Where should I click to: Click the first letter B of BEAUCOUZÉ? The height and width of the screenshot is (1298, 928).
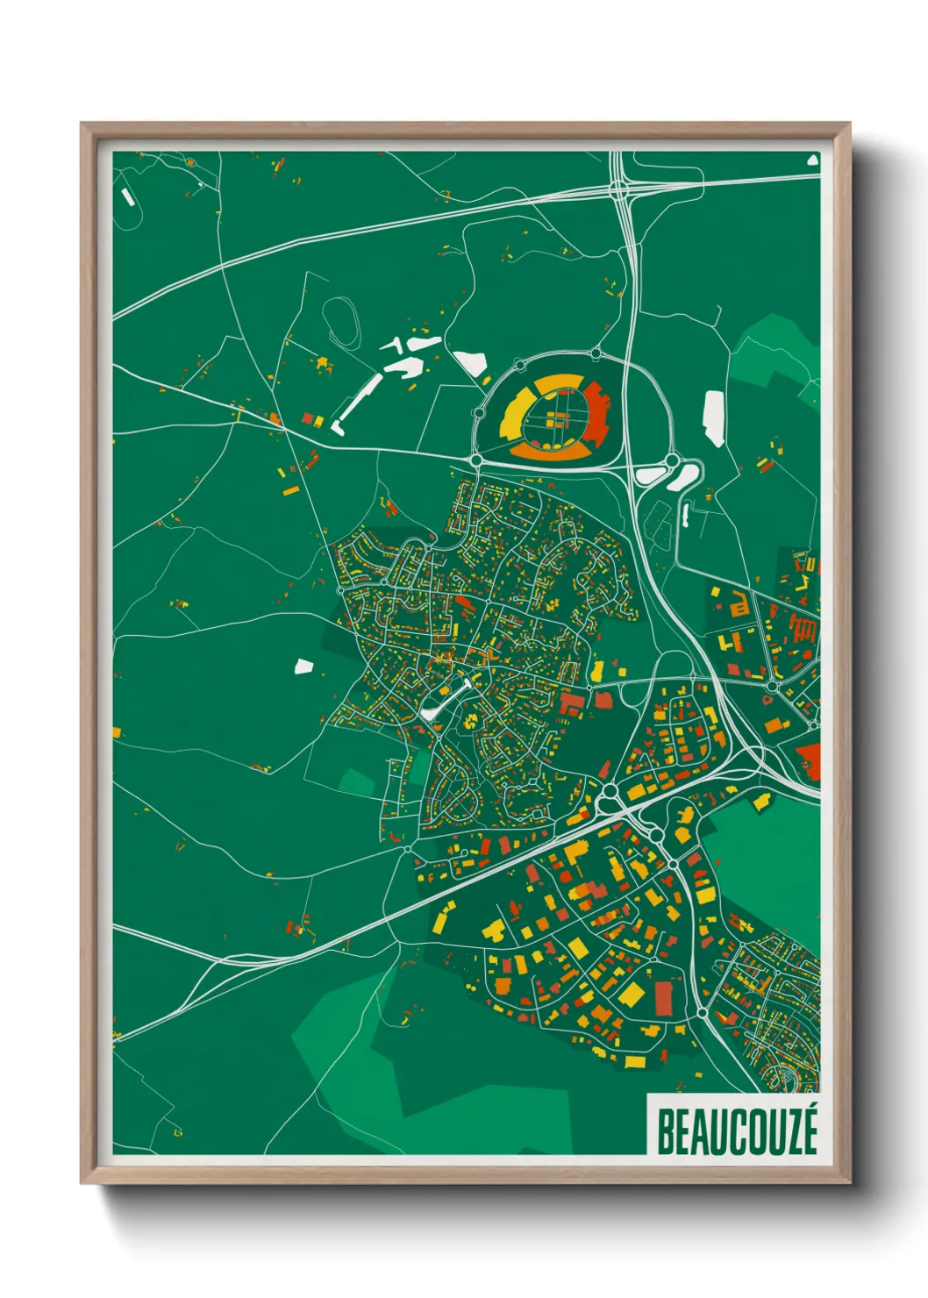pos(665,1132)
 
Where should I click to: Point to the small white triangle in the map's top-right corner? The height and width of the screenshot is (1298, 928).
pos(812,160)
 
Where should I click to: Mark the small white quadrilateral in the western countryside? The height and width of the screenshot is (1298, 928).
pos(303,666)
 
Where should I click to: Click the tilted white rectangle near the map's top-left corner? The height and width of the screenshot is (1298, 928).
pos(128,195)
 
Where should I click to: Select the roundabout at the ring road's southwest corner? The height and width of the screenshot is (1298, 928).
pos(475,460)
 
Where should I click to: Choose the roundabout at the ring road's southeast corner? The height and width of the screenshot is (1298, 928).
pos(672,460)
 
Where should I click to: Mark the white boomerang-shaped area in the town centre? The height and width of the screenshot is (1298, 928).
pos(444,702)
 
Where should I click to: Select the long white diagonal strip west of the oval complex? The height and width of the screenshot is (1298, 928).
pos(360,400)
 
